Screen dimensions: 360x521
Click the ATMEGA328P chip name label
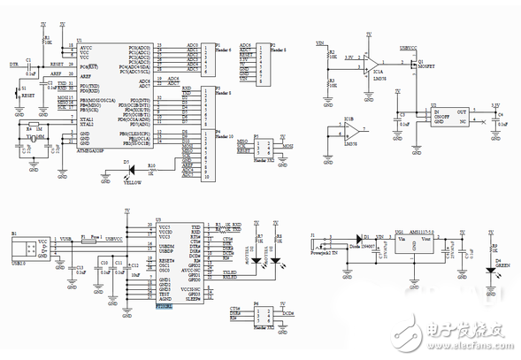(94, 153)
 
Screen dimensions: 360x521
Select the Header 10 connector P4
(209, 156)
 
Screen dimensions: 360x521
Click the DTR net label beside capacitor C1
(12, 65)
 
